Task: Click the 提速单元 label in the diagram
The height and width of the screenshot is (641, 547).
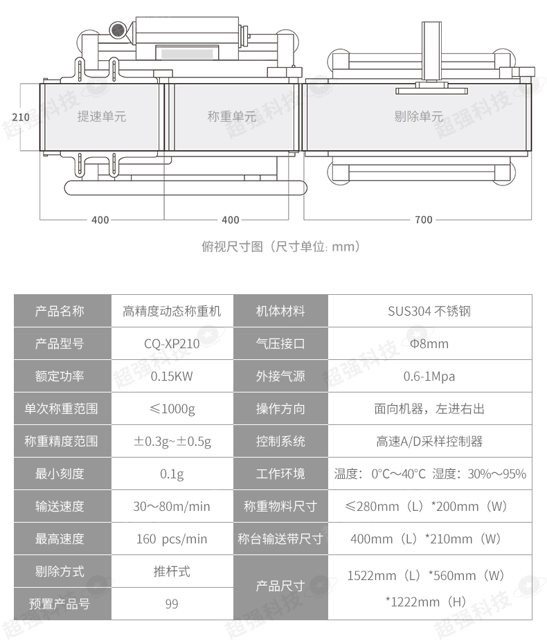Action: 102,116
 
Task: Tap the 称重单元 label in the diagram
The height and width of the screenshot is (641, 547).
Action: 232,116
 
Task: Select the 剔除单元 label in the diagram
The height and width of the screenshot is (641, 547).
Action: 419,116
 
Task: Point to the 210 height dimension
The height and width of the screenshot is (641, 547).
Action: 21,117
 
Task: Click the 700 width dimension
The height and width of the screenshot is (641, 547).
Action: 424,220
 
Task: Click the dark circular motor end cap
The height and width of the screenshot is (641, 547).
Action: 118,30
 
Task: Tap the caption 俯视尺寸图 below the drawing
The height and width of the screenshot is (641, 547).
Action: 232,246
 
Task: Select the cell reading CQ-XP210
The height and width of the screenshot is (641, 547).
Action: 172,344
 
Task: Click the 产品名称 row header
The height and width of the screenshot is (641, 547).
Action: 60,311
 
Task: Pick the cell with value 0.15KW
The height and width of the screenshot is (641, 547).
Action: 172,376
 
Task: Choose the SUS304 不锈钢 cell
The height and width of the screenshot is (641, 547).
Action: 429,311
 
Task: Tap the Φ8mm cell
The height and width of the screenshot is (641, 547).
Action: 429,344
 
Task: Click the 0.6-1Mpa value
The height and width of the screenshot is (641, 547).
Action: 429,376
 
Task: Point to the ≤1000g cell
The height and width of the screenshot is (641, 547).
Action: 172,409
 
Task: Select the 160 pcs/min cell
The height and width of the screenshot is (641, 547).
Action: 172,539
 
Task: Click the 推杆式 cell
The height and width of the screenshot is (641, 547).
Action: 172,571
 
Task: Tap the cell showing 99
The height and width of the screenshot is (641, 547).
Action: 172,604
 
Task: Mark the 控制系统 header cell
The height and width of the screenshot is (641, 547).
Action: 280,441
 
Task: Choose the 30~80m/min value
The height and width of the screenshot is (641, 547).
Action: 172,507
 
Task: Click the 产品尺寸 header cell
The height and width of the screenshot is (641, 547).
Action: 280,586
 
